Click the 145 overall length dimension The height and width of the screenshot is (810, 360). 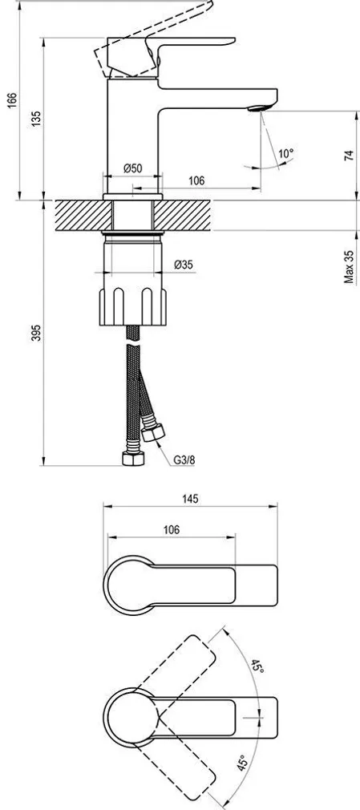[189, 498]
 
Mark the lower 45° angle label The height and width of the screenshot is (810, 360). [243, 765]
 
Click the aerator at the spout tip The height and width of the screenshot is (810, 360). [259, 108]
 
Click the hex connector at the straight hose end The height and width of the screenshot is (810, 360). [130, 460]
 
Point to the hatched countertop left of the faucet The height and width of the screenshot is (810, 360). [76, 215]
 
